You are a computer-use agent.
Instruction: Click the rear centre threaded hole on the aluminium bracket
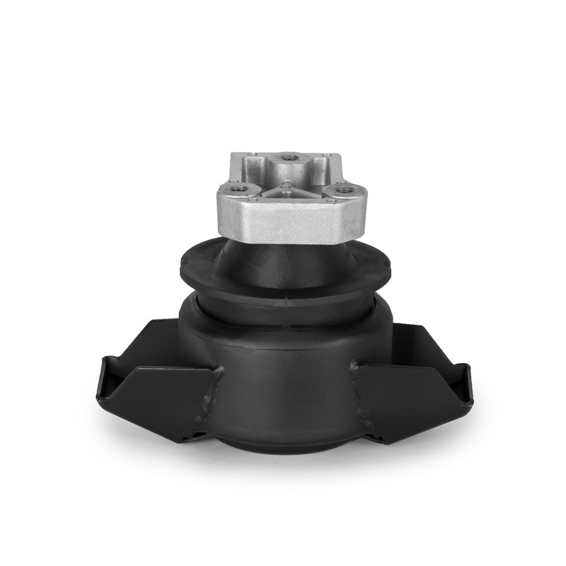pyautogui.click(x=287, y=158)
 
